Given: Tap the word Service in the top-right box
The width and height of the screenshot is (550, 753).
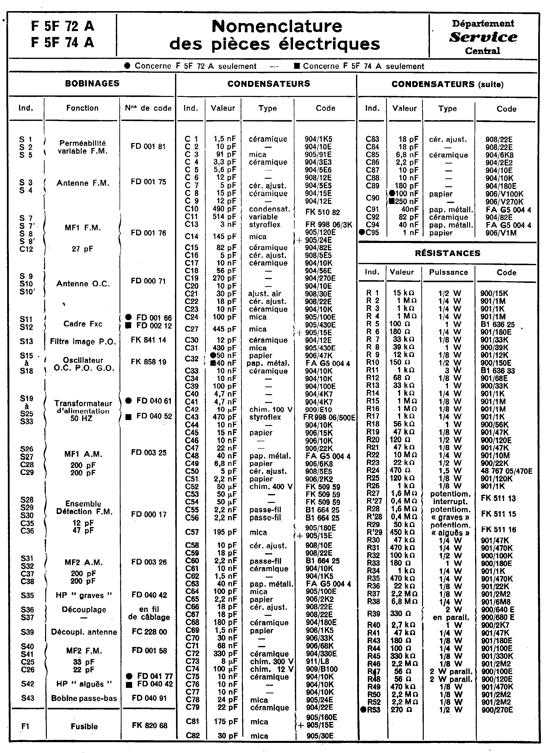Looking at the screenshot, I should (x=483, y=37).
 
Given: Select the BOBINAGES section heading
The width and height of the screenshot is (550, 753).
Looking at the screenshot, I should (x=92, y=83).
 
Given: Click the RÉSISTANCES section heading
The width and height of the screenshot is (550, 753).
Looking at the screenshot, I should (x=447, y=253).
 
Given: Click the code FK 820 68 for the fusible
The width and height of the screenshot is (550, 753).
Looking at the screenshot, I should (x=149, y=725).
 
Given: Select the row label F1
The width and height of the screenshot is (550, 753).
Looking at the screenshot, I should (x=26, y=726).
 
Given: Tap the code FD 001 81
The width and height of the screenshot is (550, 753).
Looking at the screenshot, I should (x=148, y=147).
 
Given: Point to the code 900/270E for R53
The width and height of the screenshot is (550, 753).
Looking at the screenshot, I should (x=497, y=710).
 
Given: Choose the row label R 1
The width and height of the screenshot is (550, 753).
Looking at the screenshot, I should (x=373, y=293).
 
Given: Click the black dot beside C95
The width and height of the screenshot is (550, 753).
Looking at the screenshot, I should (x=362, y=233).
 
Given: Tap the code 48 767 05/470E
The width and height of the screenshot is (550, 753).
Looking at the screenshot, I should (x=506, y=471).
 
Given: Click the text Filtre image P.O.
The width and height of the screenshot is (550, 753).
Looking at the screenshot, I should (x=83, y=341).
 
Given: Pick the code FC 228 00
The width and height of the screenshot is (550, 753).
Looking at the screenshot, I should (x=149, y=632).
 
